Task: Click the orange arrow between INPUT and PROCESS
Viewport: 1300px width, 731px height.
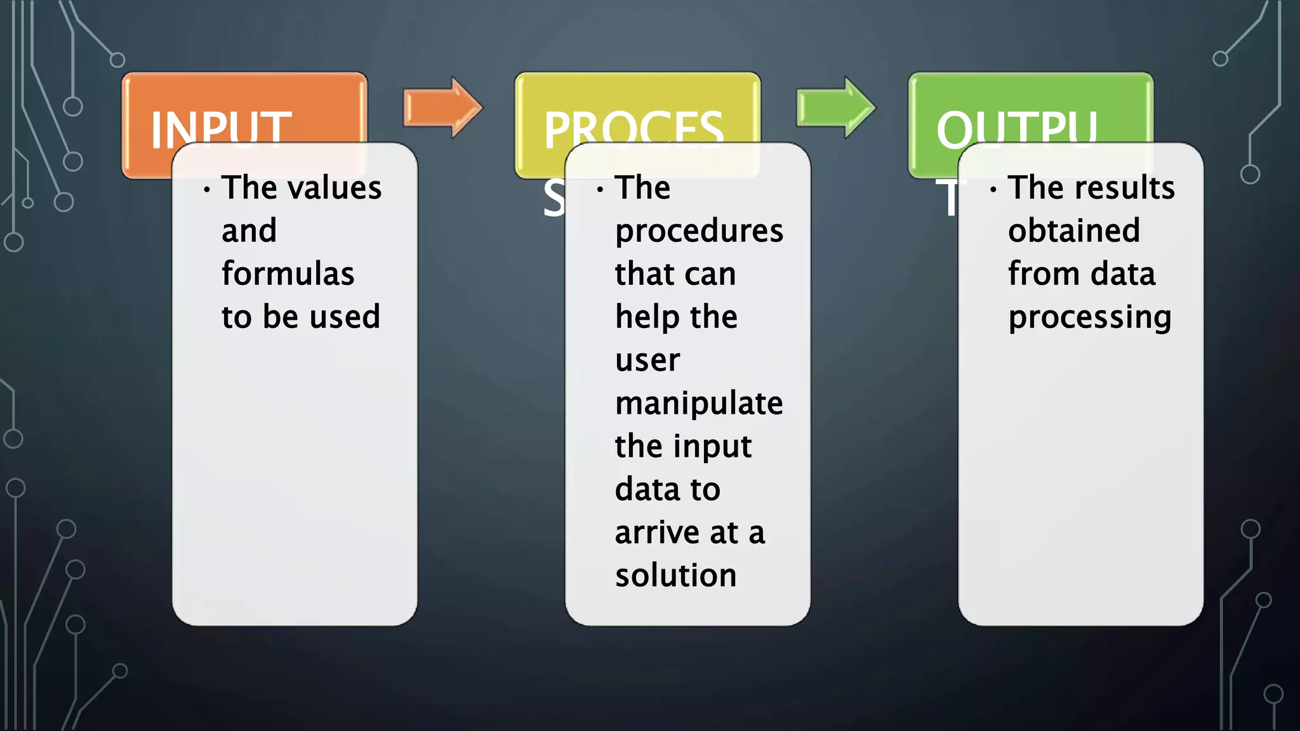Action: pyautogui.click(x=442, y=108)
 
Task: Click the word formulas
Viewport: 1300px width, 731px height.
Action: pyautogui.click(x=288, y=274)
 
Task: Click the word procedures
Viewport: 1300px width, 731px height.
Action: pyautogui.click(x=699, y=231)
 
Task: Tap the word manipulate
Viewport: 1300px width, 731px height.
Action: pyautogui.click(x=699, y=404)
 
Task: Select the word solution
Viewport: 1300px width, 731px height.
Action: pyautogui.click(x=675, y=576)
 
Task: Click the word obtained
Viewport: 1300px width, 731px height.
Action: pyautogui.click(x=1074, y=230)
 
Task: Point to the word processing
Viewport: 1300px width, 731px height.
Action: pyautogui.click(x=1089, y=317)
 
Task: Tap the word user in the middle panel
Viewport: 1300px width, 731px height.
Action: pyautogui.click(x=647, y=360)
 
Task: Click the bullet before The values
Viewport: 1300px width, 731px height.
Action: pyautogui.click(x=207, y=189)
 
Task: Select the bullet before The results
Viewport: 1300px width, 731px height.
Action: pyautogui.click(x=993, y=189)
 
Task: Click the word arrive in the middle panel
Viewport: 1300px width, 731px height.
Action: pyautogui.click(x=657, y=533)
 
